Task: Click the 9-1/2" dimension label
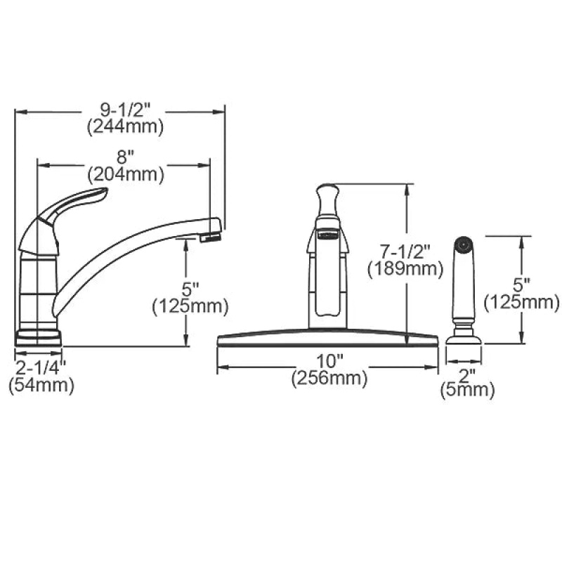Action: click(x=125, y=110)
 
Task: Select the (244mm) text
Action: click(x=125, y=126)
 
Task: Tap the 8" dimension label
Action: click(x=125, y=157)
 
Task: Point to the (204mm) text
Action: click(x=126, y=174)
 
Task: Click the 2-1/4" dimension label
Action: click(x=41, y=367)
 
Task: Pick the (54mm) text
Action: click(x=41, y=385)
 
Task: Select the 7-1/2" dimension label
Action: click(x=405, y=251)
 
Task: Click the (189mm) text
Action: click(x=405, y=269)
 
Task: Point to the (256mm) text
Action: click(x=329, y=378)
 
